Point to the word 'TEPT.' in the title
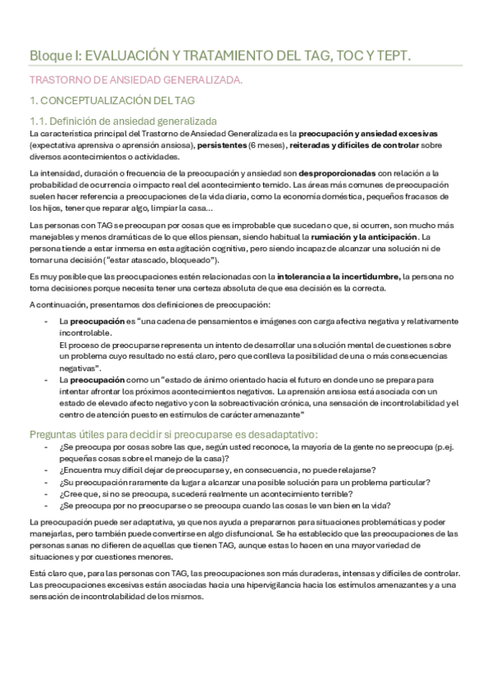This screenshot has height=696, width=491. click(393, 55)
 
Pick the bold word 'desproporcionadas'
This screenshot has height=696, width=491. click(338, 172)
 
